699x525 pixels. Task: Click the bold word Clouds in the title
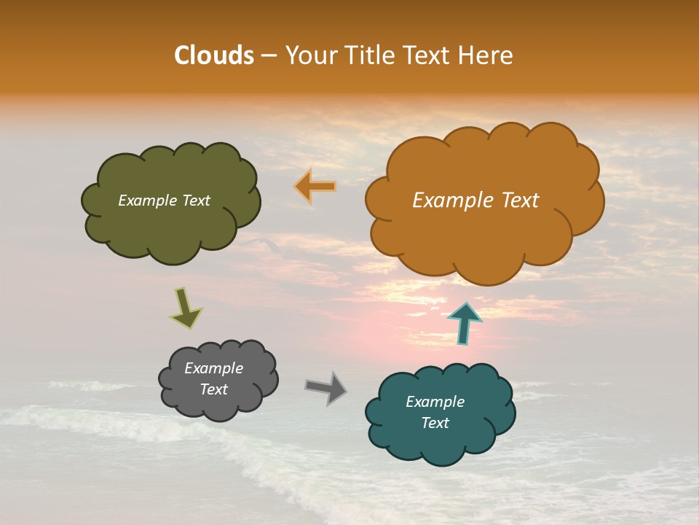pyautogui.click(x=214, y=55)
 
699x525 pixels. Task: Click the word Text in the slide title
pyautogui.click(x=429, y=55)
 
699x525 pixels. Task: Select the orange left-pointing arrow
pyautogui.click(x=316, y=187)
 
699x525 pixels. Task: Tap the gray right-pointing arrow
pyautogui.click(x=326, y=388)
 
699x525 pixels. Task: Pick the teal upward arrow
pyautogui.click(x=465, y=323)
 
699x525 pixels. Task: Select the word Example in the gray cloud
pyautogui.click(x=214, y=368)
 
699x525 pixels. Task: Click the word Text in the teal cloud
pyautogui.click(x=435, y=423)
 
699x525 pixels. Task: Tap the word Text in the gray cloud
pyautogui.click(x=214, y=389)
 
